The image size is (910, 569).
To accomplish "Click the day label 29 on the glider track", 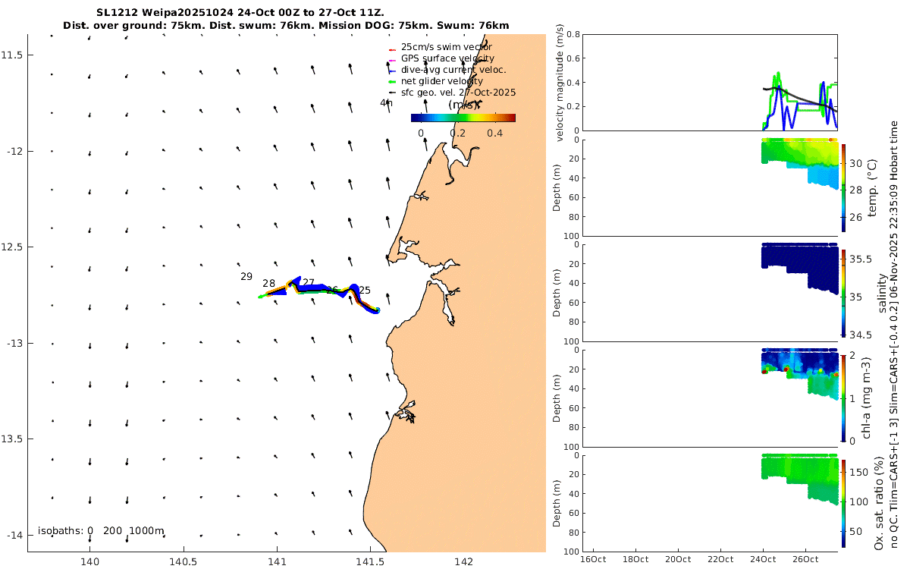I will pos(246,277).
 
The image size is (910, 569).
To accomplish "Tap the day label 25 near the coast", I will pos(365,291).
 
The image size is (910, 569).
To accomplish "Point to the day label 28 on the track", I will pos(269,284).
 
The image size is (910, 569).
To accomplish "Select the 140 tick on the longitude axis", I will pos(89,562).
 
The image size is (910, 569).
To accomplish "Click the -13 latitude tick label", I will pos(13,344).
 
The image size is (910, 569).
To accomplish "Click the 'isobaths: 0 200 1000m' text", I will pos(101,531).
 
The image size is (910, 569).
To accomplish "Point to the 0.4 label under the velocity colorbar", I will pos(494,133).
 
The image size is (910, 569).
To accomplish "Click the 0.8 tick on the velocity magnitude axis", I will pos(575,34).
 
